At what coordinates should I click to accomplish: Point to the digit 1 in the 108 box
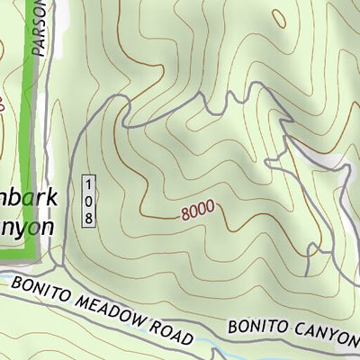click(x=88, y=184)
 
